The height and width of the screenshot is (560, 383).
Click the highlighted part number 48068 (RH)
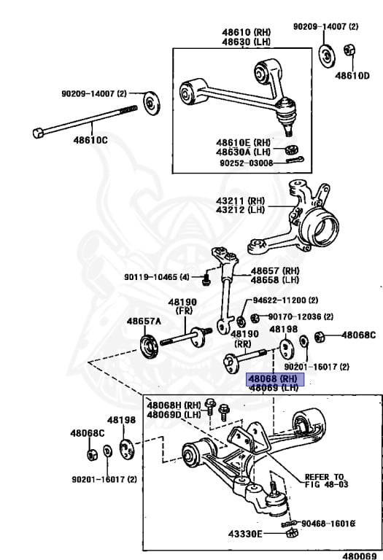tap(275, 379)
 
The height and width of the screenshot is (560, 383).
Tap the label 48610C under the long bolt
tap(90, 140)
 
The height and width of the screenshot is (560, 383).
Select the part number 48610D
tap(352, 75)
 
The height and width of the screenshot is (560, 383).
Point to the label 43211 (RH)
tap(240, 201)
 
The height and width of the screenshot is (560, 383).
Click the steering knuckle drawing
tap(299, 221)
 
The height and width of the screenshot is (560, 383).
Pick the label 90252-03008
tap(246, 163)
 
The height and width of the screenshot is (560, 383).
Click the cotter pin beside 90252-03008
tap(295, 160)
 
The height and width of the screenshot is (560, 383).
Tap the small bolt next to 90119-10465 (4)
tap(206, 279)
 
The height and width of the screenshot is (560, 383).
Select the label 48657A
tap(144, 321)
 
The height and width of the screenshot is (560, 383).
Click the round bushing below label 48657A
tap(149, 346)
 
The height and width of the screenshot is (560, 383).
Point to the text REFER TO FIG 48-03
tap(326, 481)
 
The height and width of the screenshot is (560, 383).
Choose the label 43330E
tap(245, 534)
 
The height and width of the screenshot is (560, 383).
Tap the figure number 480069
tap(360, 556)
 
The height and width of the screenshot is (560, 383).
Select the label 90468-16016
tap(328, 524)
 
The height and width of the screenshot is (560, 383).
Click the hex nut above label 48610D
tap(349, 50)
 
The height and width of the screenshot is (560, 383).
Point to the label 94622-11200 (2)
tap(285, 300)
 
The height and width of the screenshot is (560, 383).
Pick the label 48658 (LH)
tap(275, 280)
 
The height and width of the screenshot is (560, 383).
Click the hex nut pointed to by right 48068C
tap(320, 336)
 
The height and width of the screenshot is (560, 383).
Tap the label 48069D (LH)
tap(174, 415)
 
